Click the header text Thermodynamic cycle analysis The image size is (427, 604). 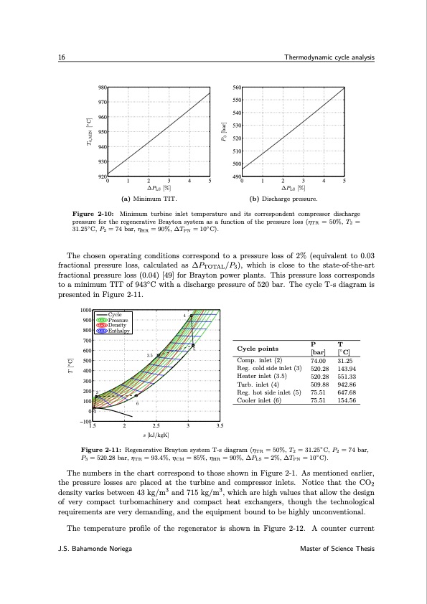(x=329, y=57)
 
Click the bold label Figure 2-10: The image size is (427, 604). (x=95, y=214)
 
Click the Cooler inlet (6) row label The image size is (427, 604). (x=259, y=400)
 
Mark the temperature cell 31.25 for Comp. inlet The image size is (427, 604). (x=347, y=361)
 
